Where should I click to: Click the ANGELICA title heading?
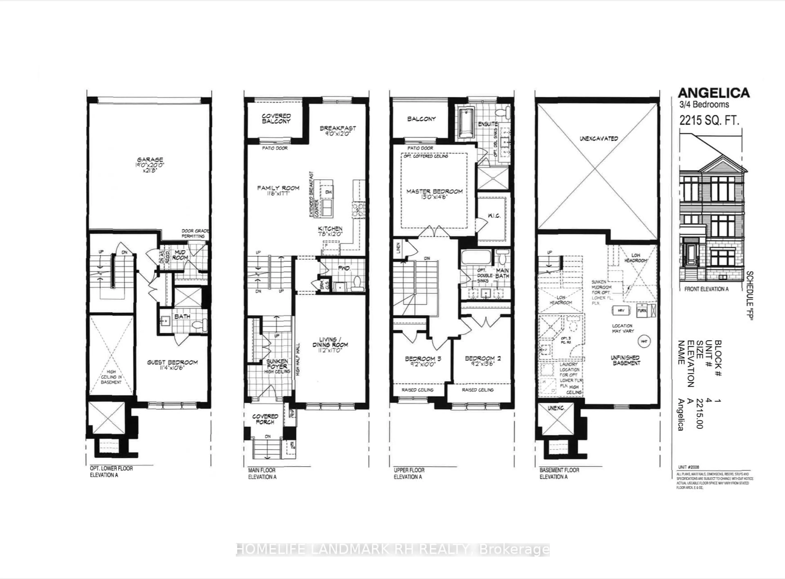713,93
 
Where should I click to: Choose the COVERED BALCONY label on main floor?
276,118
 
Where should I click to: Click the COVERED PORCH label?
265,419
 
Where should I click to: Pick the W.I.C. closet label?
494,216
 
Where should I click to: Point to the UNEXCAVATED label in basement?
599,139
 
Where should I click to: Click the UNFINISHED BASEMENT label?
625,360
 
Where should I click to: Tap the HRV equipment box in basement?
621,311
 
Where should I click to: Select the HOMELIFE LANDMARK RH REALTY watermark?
393,550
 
